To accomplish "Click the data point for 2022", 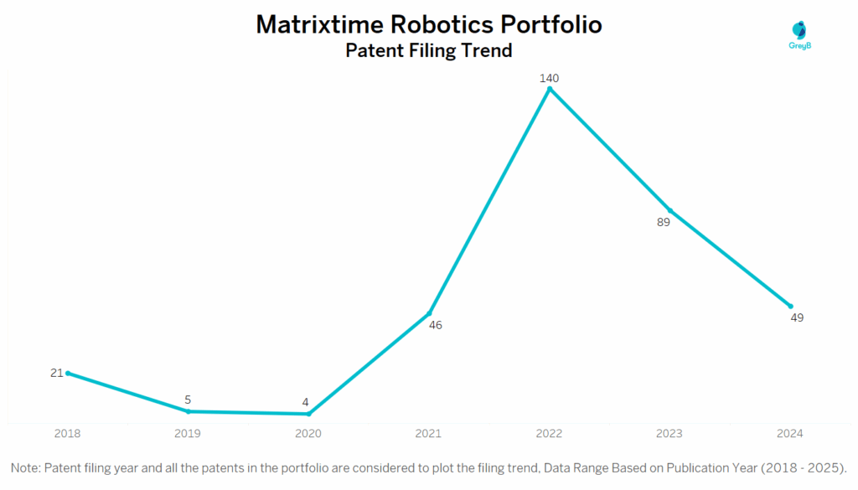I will coord(550,88).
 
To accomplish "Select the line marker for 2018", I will coord(68,373).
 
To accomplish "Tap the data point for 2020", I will coord(309,414).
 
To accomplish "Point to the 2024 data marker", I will coord(790,306).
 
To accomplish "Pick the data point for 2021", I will coord(430,312).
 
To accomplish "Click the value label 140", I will coord(550,78).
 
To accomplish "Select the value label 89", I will coord(664,222).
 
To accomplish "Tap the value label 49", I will coord(797,317).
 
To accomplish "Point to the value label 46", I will coord(435,325).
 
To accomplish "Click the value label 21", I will coord(56,373).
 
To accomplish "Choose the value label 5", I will coord(188,400).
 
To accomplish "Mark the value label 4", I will coord(305,402).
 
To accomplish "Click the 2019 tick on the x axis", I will coord(188,433).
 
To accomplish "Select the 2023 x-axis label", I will coord(669,433).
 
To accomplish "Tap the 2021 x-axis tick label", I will coord(429,433).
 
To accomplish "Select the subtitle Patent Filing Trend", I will coord(428,50).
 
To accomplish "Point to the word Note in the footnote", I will coord(25,467).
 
